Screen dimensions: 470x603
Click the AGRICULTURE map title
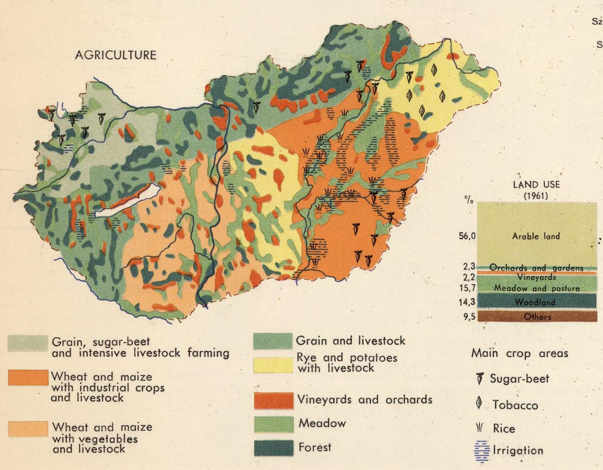click(116, 55)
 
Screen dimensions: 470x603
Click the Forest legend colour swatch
click(273, 448)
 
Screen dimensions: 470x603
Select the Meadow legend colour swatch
click(273, 424)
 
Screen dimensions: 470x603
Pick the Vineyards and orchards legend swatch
click(273, 401)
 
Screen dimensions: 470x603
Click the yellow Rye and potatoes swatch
click(273, 365)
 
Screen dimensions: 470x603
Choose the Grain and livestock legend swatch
click(273, 341)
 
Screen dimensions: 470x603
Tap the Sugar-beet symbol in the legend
click(480, 378)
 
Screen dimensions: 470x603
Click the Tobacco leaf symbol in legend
click(479, 403)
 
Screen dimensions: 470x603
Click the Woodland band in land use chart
click(537, 302)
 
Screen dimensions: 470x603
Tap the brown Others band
click(537, 317)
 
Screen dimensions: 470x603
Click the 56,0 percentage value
click(467, 236)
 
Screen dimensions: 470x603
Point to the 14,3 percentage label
click(467, 302)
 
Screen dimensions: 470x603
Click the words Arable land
click(536, 236)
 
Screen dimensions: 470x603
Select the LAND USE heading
click(536, 184)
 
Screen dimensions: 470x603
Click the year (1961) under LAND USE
click(536, 196)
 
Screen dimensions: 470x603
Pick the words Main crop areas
click(520, 353)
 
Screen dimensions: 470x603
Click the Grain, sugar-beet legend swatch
click(28, 343)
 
